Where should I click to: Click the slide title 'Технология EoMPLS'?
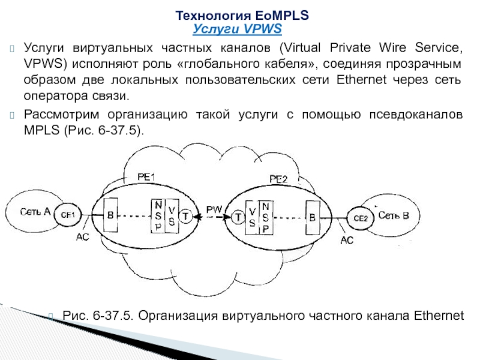(242, 17)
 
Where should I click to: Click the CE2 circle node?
(360, 218)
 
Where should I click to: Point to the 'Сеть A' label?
(34, 211)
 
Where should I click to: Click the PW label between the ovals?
(214, 209)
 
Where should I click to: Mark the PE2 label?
(278, 179)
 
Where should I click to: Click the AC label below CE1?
(83, 238)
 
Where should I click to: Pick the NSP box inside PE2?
(266, 218)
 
